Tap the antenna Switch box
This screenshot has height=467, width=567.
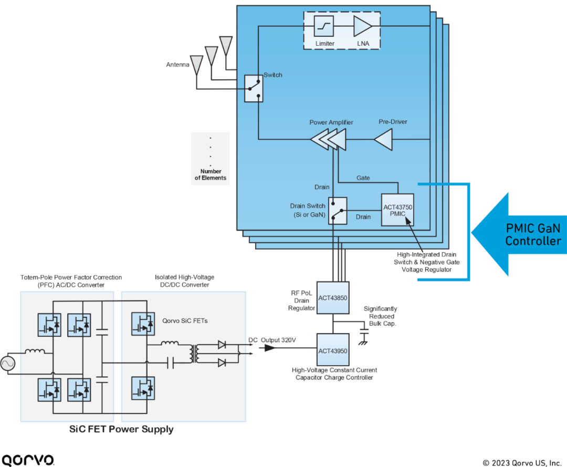pyautogui.click(x=254, y=88)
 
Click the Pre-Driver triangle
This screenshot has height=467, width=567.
pyautogui.click(x=384, y=140)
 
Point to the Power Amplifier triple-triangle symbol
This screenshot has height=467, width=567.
pyautogui.click(x=329, y=140)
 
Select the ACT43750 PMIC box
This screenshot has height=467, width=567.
pyautogui.click(x=397, y=210)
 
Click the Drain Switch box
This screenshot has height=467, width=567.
pyautogui.click(x=338, y=211)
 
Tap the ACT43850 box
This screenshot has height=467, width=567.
pyautogui.click(x=333, y=298)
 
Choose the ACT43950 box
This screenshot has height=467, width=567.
pyautogui.click(x=333, y=350)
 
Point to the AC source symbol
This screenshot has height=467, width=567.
pyautogui.click(x=8, y=364)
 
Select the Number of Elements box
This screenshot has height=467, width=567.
pyautogui.click(x=211, y=159)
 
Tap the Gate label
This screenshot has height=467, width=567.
pyautogui.click(x=363, y=178)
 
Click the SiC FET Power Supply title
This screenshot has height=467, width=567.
pyautogui.click(x=121, y=430)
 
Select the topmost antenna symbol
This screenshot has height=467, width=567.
pyautogui.click(x=226, y=44)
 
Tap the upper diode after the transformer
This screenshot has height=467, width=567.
pyautogui.click(x=222, y=345)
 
